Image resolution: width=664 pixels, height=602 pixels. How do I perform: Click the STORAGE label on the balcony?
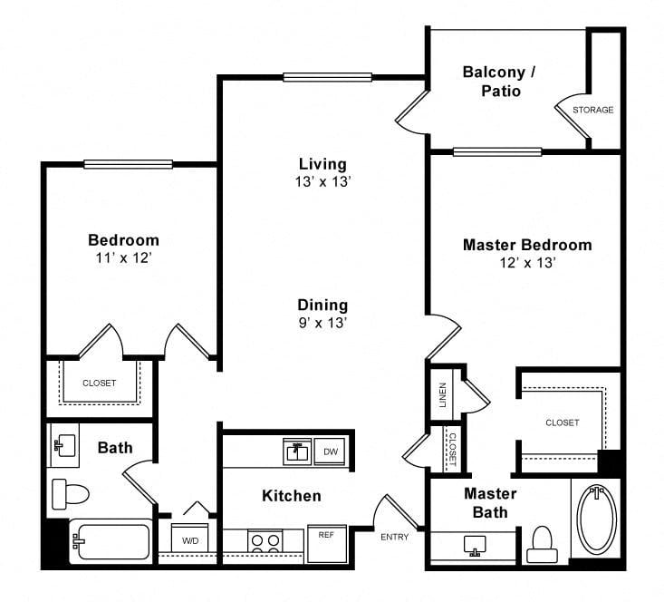point(592,110)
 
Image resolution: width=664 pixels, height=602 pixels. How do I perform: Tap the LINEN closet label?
point(443,394)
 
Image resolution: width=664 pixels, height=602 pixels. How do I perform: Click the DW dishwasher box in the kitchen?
point(330,451)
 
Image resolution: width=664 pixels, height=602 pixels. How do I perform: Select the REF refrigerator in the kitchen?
point(326,544)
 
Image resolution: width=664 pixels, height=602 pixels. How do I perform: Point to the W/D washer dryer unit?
point(189,538)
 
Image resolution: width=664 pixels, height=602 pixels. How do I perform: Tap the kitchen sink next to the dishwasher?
point(297,451)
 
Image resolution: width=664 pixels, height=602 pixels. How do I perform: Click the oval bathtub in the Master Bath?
point(597,518)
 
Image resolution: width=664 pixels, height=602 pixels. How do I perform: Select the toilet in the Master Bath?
point(542,544)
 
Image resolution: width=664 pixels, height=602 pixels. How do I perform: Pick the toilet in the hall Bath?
point(71,494)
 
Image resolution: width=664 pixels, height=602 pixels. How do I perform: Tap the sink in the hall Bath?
point(64,445)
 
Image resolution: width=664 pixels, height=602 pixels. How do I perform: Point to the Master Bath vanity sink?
point(475,546)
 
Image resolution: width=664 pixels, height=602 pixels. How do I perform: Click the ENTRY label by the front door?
point(394,537)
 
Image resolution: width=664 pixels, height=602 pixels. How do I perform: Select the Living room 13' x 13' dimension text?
point(323,182)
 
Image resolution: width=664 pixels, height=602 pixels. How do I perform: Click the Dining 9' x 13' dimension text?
point(322,323)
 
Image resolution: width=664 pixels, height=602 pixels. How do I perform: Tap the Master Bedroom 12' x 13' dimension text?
point(527,263)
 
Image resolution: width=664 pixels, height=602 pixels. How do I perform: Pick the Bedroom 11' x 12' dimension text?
point(123,257)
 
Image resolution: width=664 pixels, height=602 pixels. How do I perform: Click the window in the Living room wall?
point(327,77)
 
